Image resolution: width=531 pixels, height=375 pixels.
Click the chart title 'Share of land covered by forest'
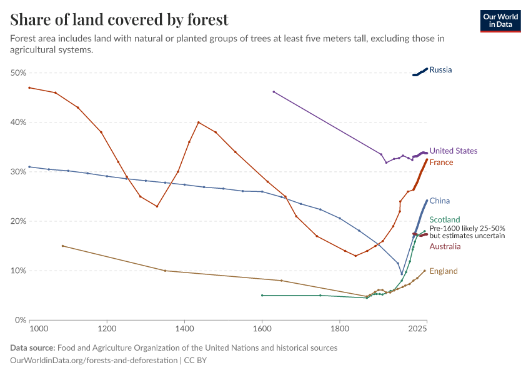[119, 20]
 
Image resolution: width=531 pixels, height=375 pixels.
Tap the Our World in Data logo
[500, 21]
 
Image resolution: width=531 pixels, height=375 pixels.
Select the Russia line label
[440, 70]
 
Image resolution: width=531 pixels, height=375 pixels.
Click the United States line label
[453, 151]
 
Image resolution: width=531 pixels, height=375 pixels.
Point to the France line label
[441, 162]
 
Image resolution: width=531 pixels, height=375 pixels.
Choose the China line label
[440, 201]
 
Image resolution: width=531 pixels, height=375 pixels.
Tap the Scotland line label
[444, 220]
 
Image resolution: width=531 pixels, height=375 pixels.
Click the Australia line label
[445, 247]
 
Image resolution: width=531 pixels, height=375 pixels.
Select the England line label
[444, 271]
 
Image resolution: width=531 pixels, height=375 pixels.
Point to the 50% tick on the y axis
[18, 73]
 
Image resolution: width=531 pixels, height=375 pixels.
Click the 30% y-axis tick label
[18, 172]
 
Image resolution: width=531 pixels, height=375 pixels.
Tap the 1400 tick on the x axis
[184, 327]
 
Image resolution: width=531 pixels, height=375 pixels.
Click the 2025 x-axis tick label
[417, 327]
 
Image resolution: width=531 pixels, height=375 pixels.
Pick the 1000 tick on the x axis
[38, 327]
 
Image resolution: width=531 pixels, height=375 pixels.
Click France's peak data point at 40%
[198, 122]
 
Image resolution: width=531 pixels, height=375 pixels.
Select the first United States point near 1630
[274, 92]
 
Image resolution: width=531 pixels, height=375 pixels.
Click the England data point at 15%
[62, 246]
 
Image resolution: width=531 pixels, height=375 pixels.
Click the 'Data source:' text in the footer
[32, 347]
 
